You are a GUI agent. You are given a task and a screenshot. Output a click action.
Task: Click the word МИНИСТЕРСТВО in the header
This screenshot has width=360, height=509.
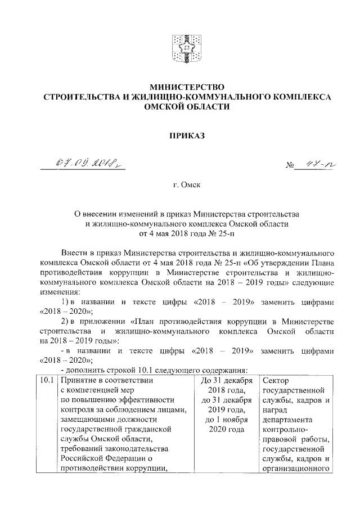186,87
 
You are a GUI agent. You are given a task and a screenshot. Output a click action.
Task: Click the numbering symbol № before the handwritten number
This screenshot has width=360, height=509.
291,166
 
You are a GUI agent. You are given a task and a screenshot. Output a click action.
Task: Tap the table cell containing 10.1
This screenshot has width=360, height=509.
47,381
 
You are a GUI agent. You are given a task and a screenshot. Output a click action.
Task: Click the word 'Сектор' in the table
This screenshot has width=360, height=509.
275,381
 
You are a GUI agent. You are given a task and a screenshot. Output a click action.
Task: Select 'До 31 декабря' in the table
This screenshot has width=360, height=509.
224,381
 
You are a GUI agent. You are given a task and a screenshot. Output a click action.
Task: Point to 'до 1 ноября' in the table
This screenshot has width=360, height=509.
224,421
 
